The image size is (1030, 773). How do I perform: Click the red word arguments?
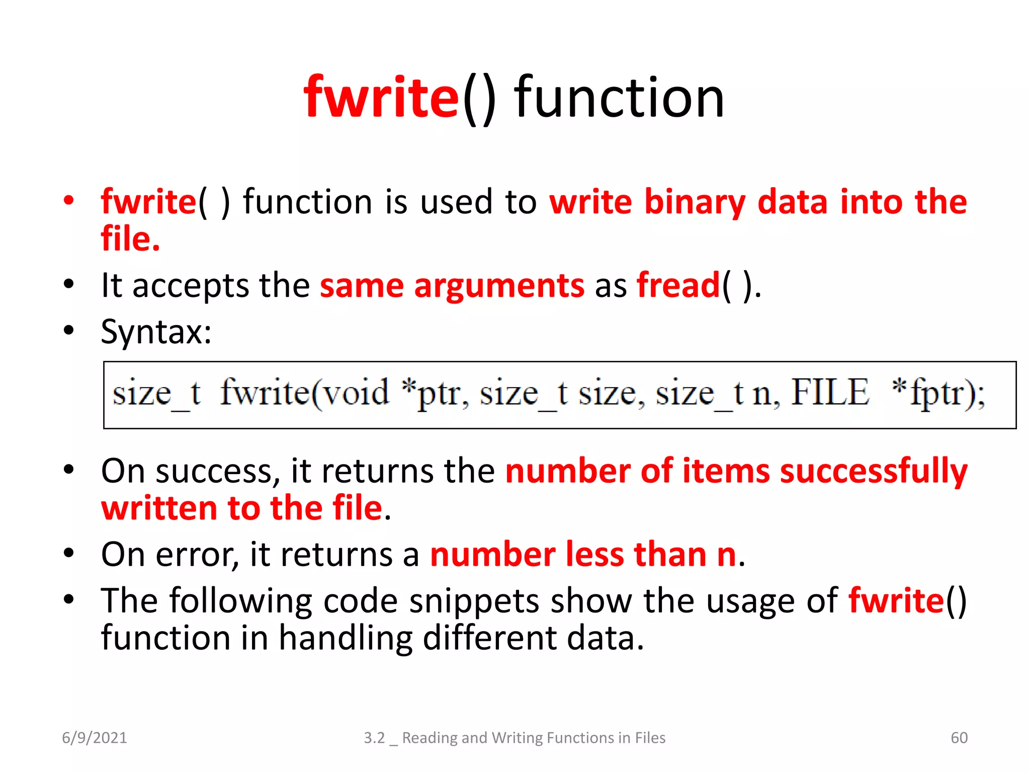(x=499, y=286)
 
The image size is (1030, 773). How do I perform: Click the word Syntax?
(x=156, y=332)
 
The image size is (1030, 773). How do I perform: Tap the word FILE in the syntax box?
(x=830, y=393)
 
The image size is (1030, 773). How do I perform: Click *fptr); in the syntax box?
(x=937, y=394)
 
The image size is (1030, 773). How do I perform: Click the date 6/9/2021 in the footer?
(x=95, y=738)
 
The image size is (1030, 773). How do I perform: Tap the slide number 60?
(x=959, y=738)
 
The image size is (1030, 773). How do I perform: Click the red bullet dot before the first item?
(x=69, y=200)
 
